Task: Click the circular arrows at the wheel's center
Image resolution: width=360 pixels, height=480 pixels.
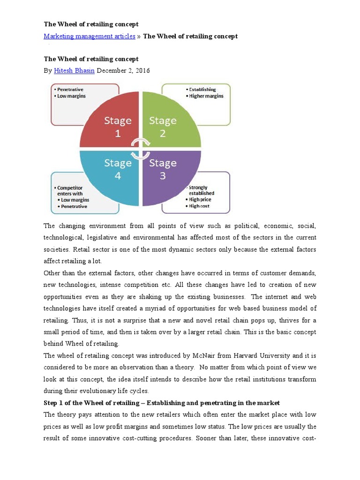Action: click(x=140, y=149)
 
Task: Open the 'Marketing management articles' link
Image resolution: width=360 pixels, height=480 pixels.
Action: click(x=90, y=36)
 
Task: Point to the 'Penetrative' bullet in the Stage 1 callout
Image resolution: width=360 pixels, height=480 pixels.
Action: click(x=71, y=89)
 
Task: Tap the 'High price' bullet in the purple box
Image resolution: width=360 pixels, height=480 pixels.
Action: click(x=200, y=199)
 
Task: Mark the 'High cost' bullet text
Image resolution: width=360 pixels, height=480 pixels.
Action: click(x=199, y=206)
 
